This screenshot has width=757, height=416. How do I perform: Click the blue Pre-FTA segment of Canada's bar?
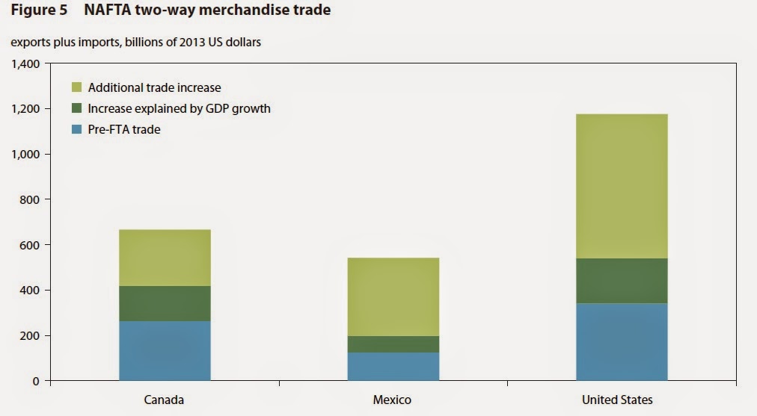pos(165,351)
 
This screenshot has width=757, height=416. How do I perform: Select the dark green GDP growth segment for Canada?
pos(165,303)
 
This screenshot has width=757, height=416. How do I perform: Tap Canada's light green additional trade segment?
pos(165,258)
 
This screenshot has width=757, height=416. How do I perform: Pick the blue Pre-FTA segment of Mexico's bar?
pos(393,367)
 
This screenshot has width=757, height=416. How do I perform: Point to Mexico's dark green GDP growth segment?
pos(393,344)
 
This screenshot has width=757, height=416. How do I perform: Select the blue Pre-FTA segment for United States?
pos(622,342)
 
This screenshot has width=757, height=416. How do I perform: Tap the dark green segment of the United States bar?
pos(622,281)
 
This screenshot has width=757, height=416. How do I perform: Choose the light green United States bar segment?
pos(622,187)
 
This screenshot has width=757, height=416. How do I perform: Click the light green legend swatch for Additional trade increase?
pos(76,87)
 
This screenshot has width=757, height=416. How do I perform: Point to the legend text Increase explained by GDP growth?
pos(179,108)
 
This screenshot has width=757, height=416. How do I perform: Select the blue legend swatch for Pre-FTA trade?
pos(76,129)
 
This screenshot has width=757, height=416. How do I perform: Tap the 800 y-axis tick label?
pos(32,199)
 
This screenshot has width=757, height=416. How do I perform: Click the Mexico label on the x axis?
pos(393,400)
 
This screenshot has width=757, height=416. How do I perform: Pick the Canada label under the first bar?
pos(165,400)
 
